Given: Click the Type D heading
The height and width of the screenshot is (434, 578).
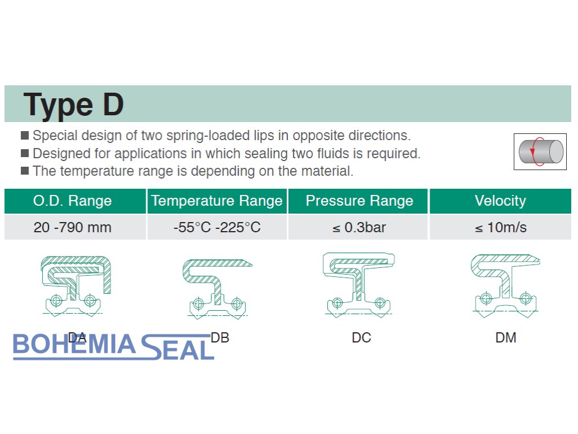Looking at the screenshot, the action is (x=73, y=105).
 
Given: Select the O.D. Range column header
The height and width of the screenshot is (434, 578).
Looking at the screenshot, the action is (x=73, y=201).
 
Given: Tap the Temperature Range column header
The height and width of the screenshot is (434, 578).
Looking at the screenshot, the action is (x=217, y=201).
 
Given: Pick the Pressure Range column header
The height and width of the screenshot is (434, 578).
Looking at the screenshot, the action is (x=360, y=201).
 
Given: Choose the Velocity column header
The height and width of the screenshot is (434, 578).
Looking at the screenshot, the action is (x=500, y=201).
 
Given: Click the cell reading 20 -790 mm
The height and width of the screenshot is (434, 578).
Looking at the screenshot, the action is (x=73, y=227).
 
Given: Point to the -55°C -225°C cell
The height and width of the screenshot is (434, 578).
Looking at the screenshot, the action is (x=217, y=227).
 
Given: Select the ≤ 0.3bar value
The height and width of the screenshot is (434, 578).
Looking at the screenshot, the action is (x=359, y=227).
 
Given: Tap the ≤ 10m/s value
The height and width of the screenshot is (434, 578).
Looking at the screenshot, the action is (x=501, y=227).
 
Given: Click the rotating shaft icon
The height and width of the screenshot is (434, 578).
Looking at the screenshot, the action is (x=540, y=151).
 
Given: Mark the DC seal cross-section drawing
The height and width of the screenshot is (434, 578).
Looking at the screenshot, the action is (x=358, y=285).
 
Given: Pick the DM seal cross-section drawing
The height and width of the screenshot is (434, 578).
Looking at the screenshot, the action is (x=505, y=285).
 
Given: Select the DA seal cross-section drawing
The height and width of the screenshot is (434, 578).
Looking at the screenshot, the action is (x=75, y=286).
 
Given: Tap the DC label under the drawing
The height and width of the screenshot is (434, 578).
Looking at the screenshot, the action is (x=361, y=338).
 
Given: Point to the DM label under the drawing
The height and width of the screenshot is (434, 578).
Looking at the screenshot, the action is (x=506, y=338).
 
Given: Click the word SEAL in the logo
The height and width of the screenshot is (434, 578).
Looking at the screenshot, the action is (x=178, y=347).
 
